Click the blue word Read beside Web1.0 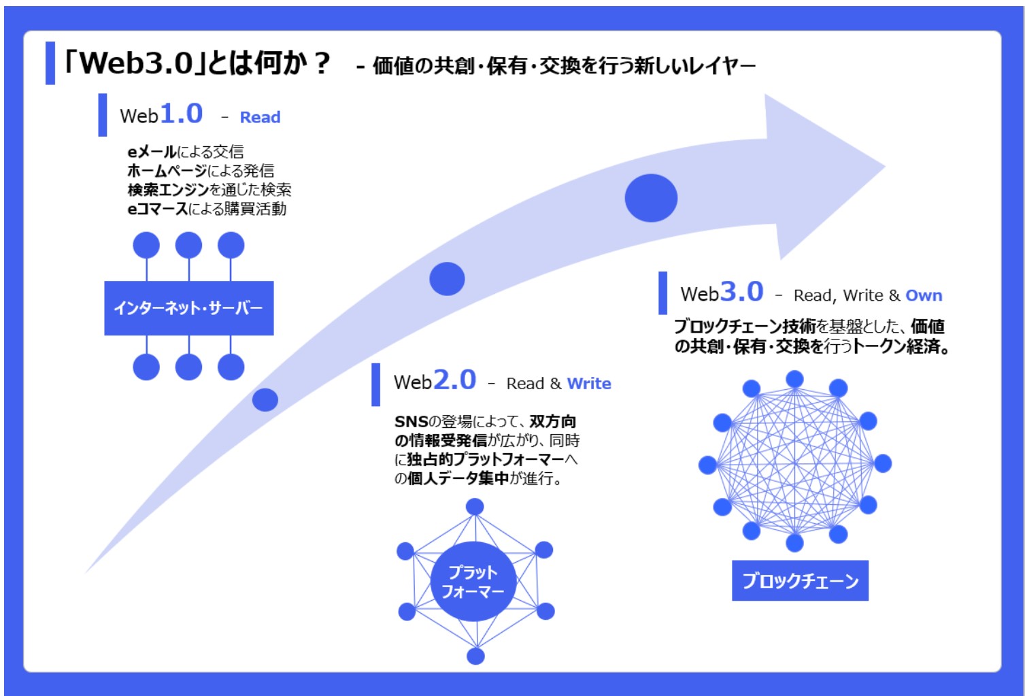[260, 117]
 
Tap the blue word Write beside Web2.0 [588, 384]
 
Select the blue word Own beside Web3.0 [924, 295]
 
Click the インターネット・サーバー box [189, 308]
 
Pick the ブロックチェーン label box [800, 580]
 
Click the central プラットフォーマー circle [473, 581]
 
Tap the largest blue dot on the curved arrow [651, 198]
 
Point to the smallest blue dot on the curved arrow [265, 399]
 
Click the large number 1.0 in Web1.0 [181, 113]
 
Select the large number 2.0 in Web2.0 [455, 380]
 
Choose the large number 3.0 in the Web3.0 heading [742, 291]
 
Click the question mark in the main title [322, 63]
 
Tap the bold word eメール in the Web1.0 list [152, 152]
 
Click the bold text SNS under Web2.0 [411, 421]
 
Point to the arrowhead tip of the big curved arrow [886, 167]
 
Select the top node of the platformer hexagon [475, 507]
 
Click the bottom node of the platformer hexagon [475, 656]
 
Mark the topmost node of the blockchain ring [794, 380]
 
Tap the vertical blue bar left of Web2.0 [375, 384]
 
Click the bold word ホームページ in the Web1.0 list [167, 171]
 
